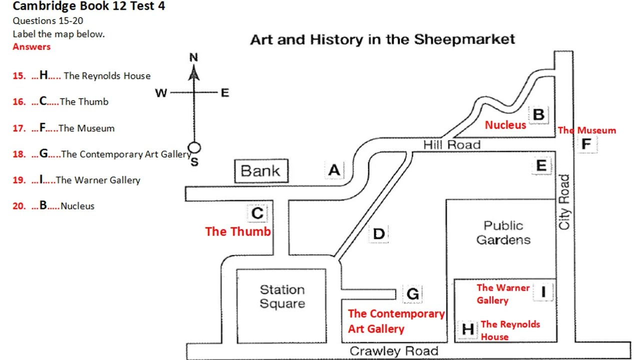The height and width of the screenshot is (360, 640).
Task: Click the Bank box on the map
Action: [x=261, y=171]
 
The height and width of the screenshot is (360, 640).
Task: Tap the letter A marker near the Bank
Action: [x=334, y=170]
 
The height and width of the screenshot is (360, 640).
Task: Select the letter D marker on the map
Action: [x=379, y=234]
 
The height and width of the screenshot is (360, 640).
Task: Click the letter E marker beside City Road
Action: [x=541, y=165]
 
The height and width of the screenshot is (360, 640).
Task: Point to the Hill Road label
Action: [x=451, y=145]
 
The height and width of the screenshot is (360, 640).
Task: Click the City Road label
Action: [x=564, y=202]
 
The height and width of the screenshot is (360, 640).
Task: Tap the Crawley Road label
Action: [x=394, y=351]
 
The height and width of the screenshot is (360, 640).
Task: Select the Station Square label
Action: [x=282, y=296]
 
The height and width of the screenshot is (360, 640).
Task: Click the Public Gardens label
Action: [x=503, y=233]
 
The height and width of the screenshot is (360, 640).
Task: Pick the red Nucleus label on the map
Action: [x=505, y=125]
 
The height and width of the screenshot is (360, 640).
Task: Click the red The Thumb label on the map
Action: [x=237, y=231]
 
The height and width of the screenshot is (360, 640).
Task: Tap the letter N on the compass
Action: [x=193, y=57]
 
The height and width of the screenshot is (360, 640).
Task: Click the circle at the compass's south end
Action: [x=194, y=147]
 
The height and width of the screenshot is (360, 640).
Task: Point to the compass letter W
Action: [x=161, y=93]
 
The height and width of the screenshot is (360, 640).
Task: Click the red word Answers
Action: [x=31, y=46]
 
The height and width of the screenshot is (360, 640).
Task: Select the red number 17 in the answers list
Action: [x=19, y=128]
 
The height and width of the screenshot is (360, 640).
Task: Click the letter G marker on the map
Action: [x=412, y=294]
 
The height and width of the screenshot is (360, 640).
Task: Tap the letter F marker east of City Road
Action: [x=586, y=143]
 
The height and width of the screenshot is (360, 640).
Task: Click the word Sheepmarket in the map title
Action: [x=464, y=39]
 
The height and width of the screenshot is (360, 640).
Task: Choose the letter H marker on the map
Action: [x=467, y=329]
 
